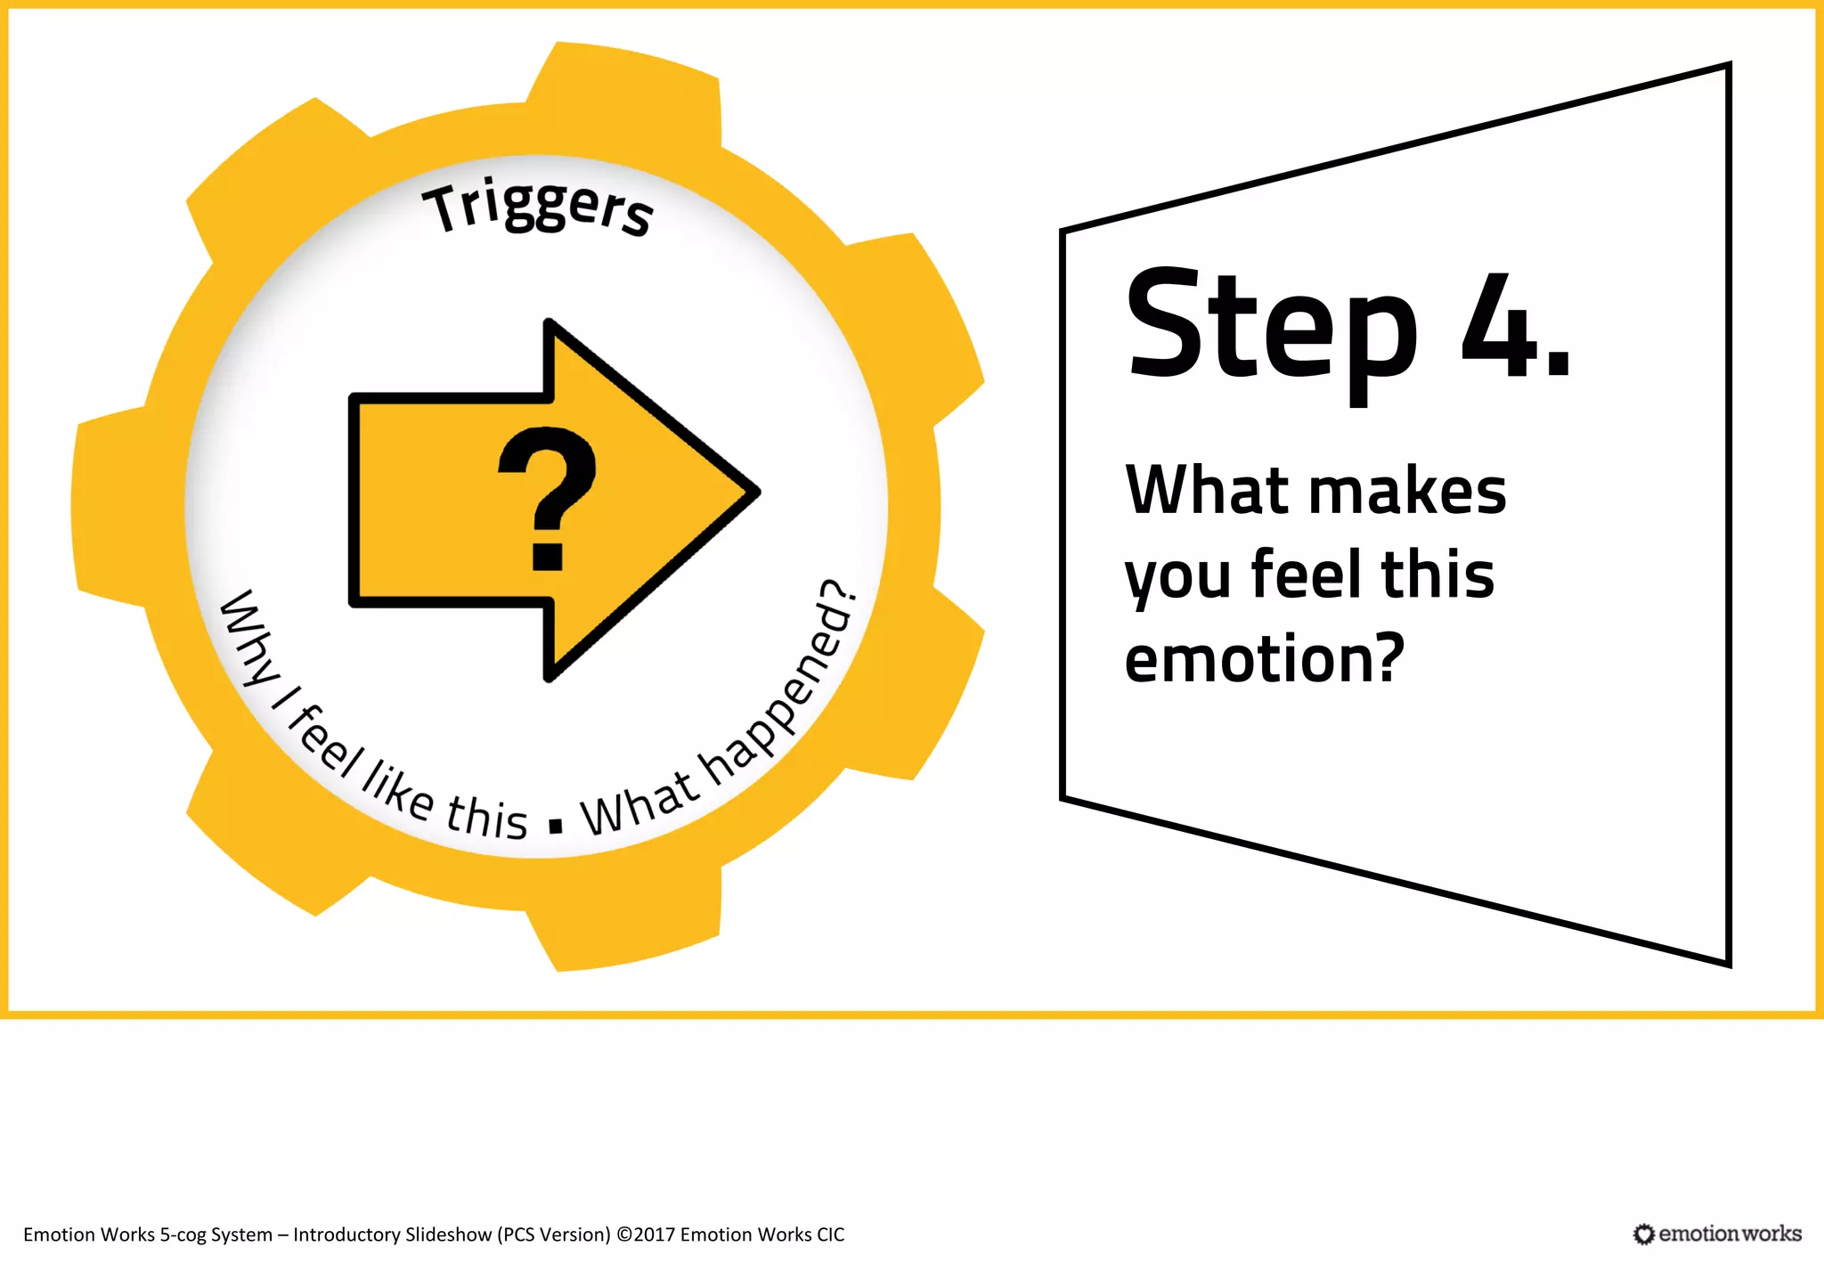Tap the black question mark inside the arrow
tap(546, 497)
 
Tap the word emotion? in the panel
tap(1264, 659)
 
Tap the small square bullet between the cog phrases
tap(557, 826)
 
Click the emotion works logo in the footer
tap(1717, 1234)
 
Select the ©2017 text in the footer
tap(646, 1234)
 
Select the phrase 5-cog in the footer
tap(183, 1234)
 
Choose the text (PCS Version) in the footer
tap(554, 1234)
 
